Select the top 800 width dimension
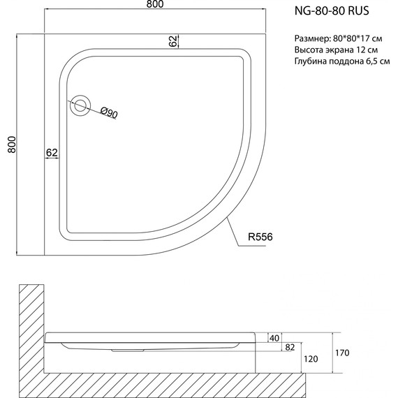[155, 6]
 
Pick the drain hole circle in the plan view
[80, 105]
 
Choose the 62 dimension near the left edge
[52, 152]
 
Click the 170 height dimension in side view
[341, 352]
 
